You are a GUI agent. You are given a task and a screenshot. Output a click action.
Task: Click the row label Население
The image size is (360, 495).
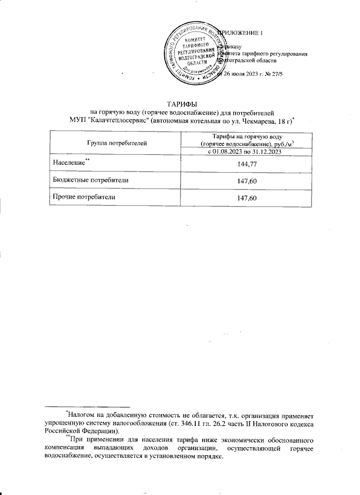(68, 163)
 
